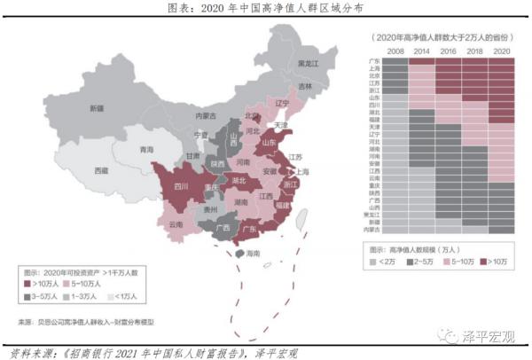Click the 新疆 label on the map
tap(97, 108)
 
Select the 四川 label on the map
tap(181, 187)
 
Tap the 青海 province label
tap(146, 150)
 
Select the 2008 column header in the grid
tap(395, 52)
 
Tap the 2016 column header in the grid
tap(448, 52)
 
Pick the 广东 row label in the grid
tap(375, 61)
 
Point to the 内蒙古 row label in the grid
tap(372, 229)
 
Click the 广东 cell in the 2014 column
tap(421, 61)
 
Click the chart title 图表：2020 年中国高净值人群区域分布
tap(265, 8)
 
